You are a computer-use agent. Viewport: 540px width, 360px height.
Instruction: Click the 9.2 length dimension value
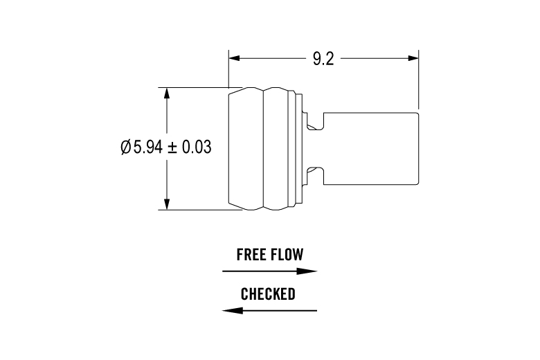tap(323, 58)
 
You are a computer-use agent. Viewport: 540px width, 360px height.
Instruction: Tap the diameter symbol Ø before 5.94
tap(125, 147)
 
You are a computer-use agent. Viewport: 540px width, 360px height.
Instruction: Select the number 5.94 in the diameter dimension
tap(147, 147)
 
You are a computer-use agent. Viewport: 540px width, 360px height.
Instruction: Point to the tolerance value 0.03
tap(195, 147)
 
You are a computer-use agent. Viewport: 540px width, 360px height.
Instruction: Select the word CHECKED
tap(268, 294)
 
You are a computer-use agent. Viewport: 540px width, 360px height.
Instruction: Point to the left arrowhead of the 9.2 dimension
tap(234, 58)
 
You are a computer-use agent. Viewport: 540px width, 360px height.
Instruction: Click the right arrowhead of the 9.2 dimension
tap(414, 58)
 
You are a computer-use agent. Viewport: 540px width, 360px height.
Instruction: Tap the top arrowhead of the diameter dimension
tap(166, 92)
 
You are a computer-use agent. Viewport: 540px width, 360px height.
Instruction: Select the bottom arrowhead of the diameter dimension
tap(166, 204)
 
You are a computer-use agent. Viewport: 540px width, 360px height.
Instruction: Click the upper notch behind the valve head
tap(314, 123)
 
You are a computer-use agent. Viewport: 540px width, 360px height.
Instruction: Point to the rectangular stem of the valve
tap(370, 148)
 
